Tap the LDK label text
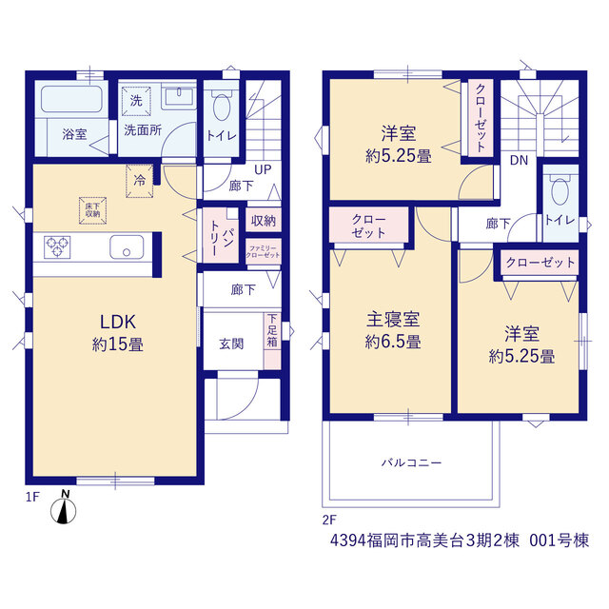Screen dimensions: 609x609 point(118,322)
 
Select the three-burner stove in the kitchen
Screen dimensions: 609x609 point(57,247)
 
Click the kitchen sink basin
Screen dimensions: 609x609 point(127,247)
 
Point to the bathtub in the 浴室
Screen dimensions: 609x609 point(72,99)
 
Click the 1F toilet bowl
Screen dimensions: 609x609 point(222,106)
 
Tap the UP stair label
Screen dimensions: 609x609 point(263,169)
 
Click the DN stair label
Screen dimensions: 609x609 point(519,160)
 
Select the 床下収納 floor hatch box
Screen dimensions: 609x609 point(93,211)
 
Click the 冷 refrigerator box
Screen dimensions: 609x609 point(139,181)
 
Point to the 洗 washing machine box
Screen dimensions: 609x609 point(136,102)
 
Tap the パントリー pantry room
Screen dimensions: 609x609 point(221,236)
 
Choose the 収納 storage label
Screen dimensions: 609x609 point(264,221)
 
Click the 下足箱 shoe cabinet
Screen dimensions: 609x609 point(272,341)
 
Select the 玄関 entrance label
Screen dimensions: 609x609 point(231,344)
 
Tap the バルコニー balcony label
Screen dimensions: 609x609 point(411,462)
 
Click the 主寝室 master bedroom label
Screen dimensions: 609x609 point(393,320)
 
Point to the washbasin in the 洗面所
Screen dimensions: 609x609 point(179,96)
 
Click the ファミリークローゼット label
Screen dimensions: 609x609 point(263,251)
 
